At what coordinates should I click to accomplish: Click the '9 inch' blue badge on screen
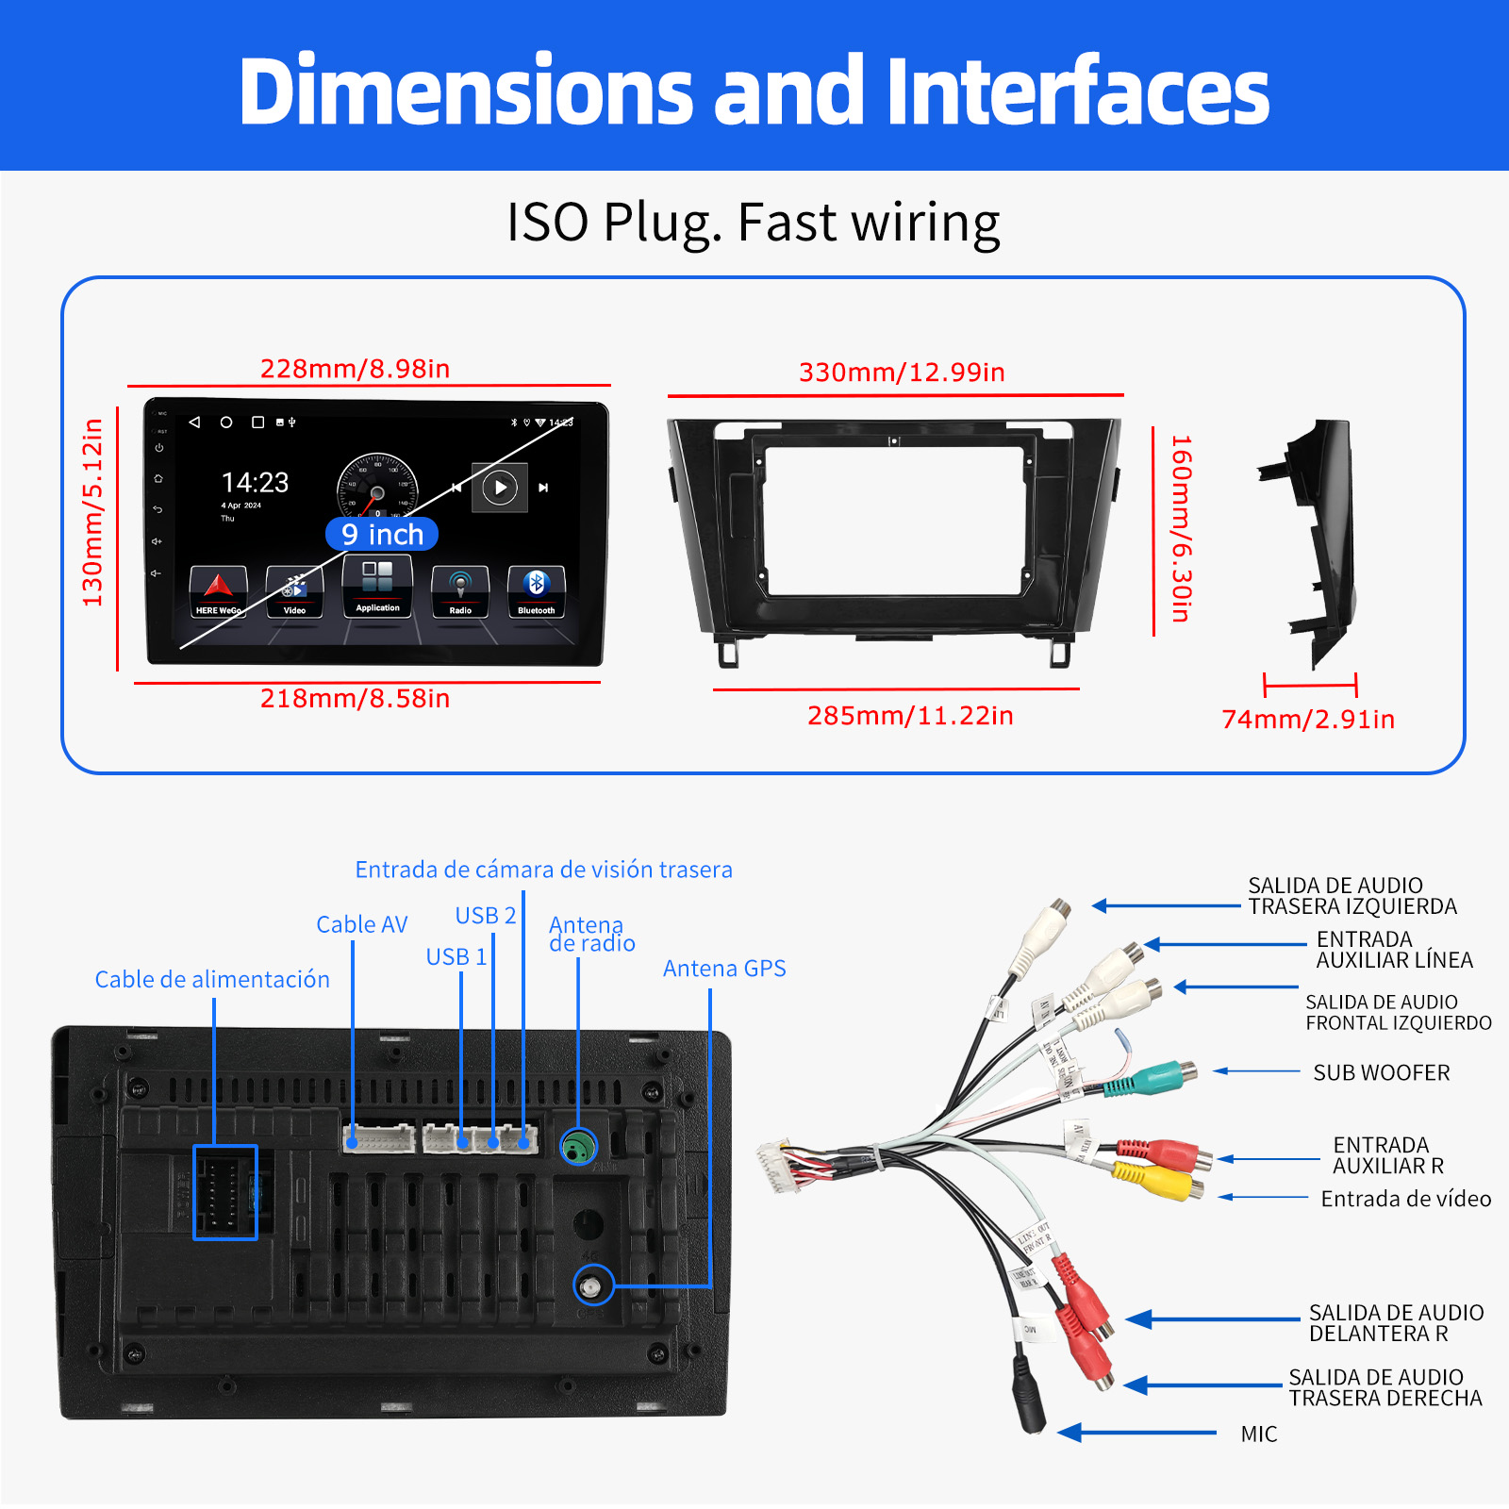382,535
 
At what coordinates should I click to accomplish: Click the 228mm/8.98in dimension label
355,369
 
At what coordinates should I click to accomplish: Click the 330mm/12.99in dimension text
902,373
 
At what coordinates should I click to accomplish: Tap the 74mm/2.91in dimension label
1308,720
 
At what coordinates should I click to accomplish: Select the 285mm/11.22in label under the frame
910,716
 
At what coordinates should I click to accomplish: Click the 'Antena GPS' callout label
724,969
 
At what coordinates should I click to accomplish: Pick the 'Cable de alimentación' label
212,980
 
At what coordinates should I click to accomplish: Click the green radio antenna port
579,1147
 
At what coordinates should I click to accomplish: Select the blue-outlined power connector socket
225,1192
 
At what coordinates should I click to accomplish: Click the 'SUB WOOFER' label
1381,1073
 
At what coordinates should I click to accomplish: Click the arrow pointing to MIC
1137,1434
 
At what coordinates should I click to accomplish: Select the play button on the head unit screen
500,488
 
